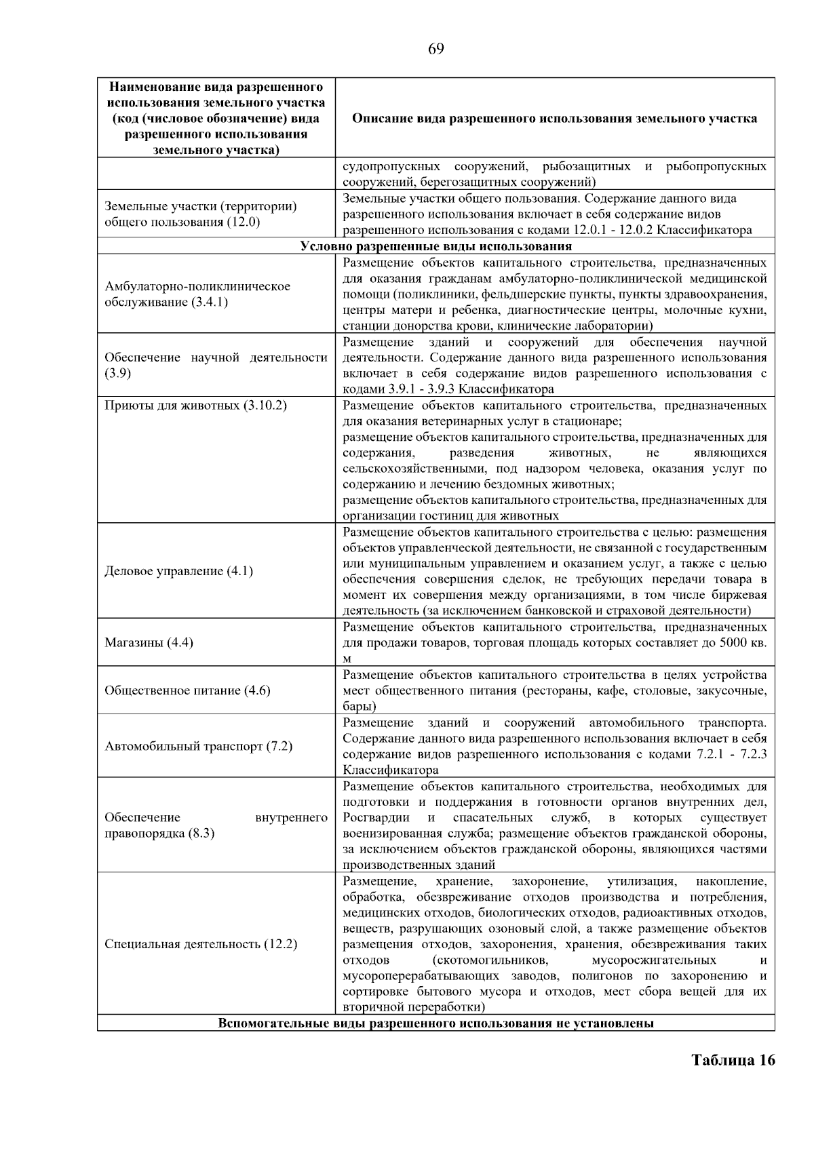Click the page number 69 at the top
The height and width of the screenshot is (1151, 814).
[436, 48]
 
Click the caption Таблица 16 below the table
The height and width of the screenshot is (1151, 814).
[733, 1060]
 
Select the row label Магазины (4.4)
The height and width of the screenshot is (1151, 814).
[149, 642]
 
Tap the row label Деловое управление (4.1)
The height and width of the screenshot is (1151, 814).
[178, 571]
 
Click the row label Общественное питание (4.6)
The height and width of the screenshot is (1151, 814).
[187, 690]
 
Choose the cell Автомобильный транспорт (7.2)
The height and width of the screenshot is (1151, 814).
[198, 746]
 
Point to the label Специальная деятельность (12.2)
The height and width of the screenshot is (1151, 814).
[201, 944]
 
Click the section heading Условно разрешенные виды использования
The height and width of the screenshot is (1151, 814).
[435, 246]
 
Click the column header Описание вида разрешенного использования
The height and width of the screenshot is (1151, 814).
[554, 118]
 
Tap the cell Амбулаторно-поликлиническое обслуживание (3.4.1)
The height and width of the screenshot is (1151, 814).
[197, 294]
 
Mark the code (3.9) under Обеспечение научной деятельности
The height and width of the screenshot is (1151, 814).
[117, 374]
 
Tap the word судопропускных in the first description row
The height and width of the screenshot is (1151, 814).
[391, 166]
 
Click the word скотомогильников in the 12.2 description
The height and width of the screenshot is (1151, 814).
[489, 960]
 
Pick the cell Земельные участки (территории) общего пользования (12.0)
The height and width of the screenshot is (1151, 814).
[201, 214]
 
